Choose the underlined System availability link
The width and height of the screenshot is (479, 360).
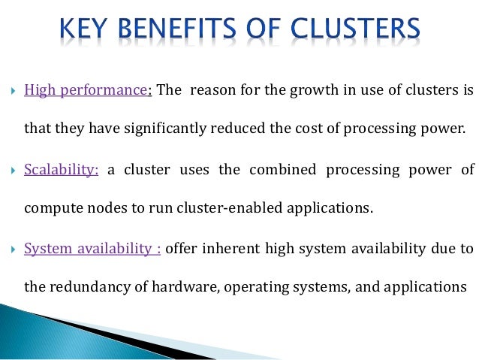point(92,248)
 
